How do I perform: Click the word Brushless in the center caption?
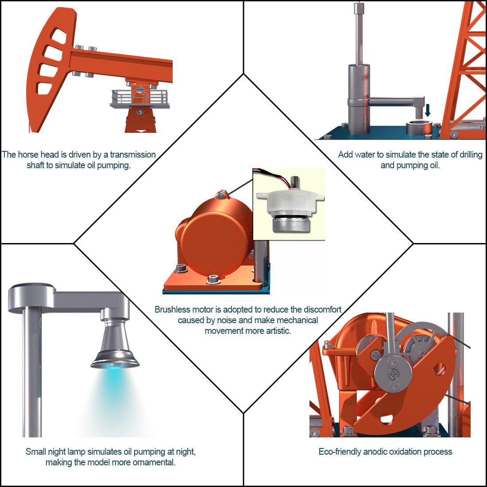[x=172, y=309]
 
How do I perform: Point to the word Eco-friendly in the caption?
[x=340, y=452]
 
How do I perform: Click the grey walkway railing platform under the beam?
[x=140, y=98]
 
